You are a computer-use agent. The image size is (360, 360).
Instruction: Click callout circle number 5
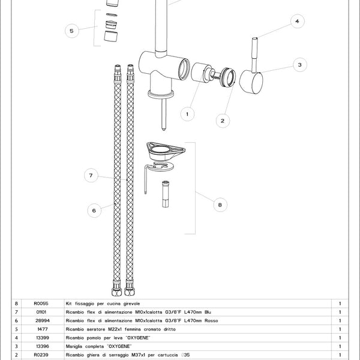71,31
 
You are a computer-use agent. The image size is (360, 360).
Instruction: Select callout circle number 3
299,64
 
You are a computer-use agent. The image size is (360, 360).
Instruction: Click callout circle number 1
187,112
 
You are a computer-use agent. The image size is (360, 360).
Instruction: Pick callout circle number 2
223,120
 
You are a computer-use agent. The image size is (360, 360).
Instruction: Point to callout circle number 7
90,176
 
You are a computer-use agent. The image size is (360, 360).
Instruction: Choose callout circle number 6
94,210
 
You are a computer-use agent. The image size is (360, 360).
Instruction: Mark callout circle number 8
220,205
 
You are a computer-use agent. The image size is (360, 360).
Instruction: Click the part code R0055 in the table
42,304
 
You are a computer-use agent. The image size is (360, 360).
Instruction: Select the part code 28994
42,321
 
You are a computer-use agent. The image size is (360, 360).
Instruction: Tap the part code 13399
42,338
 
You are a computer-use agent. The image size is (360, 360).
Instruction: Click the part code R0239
42,355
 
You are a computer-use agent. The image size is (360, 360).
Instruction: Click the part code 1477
42,329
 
